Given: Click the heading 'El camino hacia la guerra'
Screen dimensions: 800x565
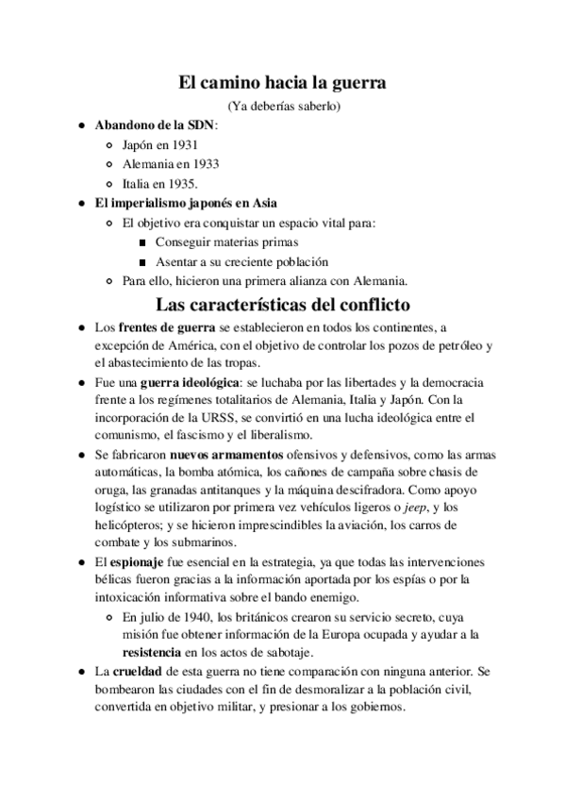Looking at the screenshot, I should [x=282, y=82].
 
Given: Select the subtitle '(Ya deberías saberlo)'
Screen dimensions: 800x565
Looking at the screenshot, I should [x=282, y=105].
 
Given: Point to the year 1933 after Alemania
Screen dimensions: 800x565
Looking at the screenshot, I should [x=202, y=163].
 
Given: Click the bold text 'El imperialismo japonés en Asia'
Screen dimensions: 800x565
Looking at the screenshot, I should [x=186, y=203].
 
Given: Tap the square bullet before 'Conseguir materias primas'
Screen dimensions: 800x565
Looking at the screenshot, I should [x=141, y=242].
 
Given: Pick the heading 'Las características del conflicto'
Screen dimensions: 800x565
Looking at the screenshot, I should [x=282, y=305].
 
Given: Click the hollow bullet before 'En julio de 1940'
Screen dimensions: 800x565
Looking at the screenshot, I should [x=113, y=617].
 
